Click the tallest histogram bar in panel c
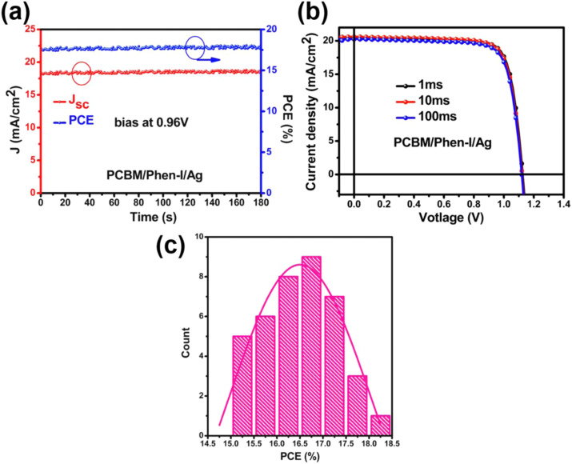[x=311, y=346]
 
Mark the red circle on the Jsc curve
[x=82, y=73]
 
